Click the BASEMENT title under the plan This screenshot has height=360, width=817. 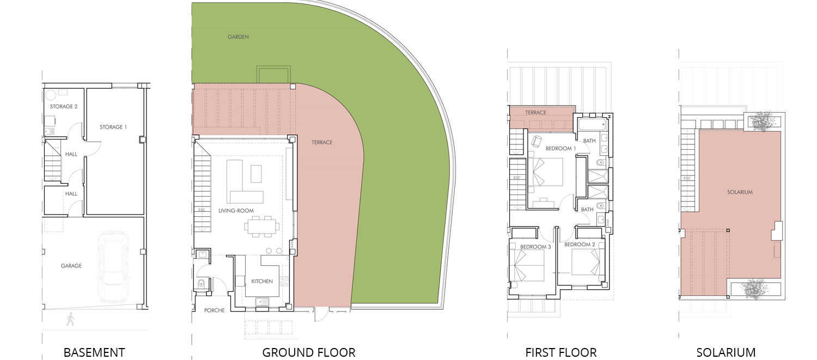tap(94, 352)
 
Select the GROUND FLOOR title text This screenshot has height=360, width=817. tap(309, 352)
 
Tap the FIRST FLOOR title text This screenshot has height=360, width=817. tap(561, 352)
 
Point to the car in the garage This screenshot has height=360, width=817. tap(113, 266)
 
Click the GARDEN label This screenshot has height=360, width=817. tap(238, 37)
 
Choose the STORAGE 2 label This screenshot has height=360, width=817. tap(64, 107)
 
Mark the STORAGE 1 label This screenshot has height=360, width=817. tap(113, 127)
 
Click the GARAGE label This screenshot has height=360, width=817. tap(71, 266)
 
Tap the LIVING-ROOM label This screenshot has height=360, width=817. tap(236, 211)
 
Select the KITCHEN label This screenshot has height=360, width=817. tap(262, 282)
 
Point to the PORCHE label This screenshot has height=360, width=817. tap(215, 310)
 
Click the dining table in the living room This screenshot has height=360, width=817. tap(263, 226)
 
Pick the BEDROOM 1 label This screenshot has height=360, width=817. tap(560, 149)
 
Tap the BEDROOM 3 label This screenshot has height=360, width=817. tap(536, 247)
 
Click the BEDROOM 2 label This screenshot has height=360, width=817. tap(580, 245)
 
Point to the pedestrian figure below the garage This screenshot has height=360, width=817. tap(70, 319)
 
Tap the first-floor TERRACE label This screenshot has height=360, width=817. tap(536, 113)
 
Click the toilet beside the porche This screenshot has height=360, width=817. tap(202, 283)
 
